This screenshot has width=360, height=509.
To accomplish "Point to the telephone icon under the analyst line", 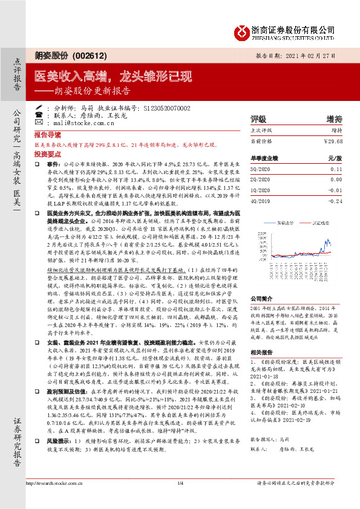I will click(39, 115).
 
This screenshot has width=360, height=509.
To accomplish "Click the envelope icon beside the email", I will click(39, 123).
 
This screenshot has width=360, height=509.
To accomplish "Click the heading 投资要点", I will click(47, 155).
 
